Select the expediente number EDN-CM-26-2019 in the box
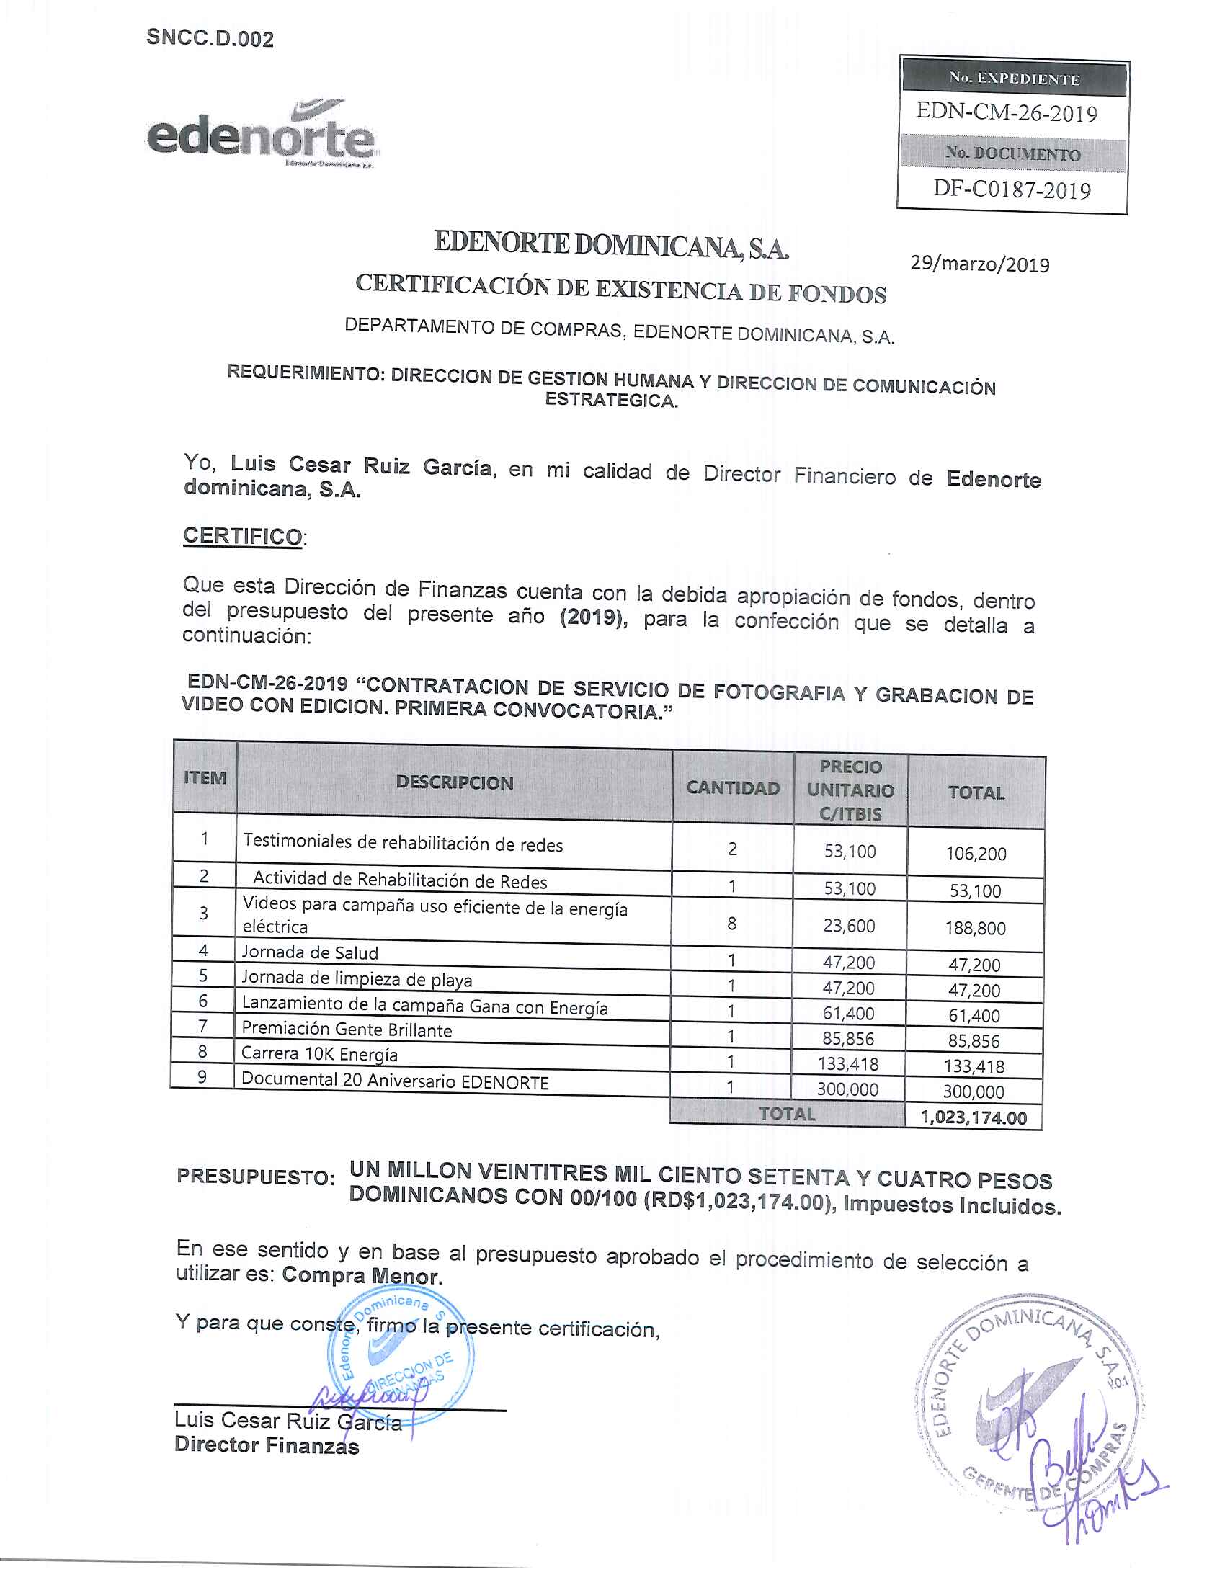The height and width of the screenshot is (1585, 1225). pyautogui.click(x=1006, y=112)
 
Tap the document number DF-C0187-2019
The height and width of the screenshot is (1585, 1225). pyautogui.click(x=1012, y=189)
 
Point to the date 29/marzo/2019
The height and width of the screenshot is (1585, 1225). pyautogui.click(x=980, y=264)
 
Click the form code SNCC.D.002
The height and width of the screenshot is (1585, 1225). pyautogui.click(x=210, y=38)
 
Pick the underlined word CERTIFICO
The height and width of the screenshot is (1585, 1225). pyautogui.click(x=242, y=536)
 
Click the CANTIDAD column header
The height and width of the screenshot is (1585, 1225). pyautogui.click(x=732, y=788)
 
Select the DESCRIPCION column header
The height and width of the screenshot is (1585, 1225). pyautogui.click(x=454, y=782)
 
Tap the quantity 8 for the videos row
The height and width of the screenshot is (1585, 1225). pyautogui.click(x=731, y=923)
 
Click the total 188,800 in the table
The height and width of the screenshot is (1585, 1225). pyautogui.click(x=975, y=928)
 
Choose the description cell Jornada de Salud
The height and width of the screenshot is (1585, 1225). pyautogui.click(x=310, y=953)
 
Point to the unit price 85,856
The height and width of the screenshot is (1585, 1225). pyautogui.click(x=847, y=1038)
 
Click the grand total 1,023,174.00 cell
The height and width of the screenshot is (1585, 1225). pyautogui.click(x=974, y=1117)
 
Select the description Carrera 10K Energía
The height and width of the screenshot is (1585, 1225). pyautogui.click(x=319, y=1054)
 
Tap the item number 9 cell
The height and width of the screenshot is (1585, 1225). pyautogui.click(x=202, y=1077)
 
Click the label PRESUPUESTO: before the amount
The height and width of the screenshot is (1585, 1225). pyautogui.click(x=256, y=1177)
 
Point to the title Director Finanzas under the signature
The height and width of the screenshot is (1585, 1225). pyautogui.click(x=267, y=1446)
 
